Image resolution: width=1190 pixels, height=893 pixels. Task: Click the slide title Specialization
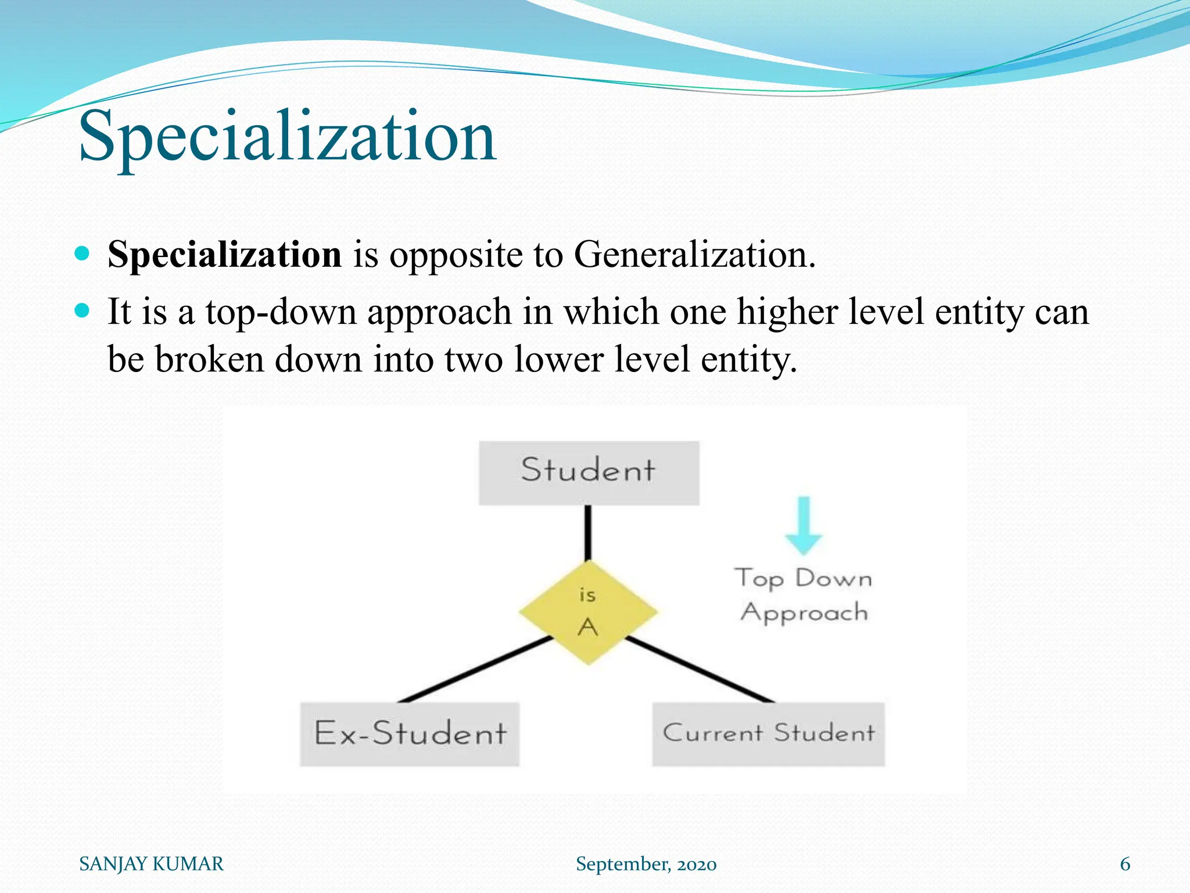287,137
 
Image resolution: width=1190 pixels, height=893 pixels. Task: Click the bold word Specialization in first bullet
224,255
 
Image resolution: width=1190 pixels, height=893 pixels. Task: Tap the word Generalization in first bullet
694,255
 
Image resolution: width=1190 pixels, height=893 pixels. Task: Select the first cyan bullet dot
83,253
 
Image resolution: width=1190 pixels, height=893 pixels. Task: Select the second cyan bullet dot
83,310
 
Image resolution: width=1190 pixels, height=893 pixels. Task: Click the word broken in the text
209,359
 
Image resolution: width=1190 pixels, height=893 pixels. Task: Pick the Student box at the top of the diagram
589,473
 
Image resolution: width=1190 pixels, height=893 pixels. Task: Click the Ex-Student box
410,734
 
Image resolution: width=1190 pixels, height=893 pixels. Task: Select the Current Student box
768,734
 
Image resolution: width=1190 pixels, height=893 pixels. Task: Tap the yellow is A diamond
588,612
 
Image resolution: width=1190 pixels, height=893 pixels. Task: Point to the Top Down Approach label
804,595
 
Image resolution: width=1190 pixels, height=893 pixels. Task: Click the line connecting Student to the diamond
588,532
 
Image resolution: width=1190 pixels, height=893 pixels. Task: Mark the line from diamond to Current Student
700,669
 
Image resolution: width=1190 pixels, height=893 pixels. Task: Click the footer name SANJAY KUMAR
151,864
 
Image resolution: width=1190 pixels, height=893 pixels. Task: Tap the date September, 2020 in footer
646,864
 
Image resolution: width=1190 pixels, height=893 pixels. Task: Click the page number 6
1125,864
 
